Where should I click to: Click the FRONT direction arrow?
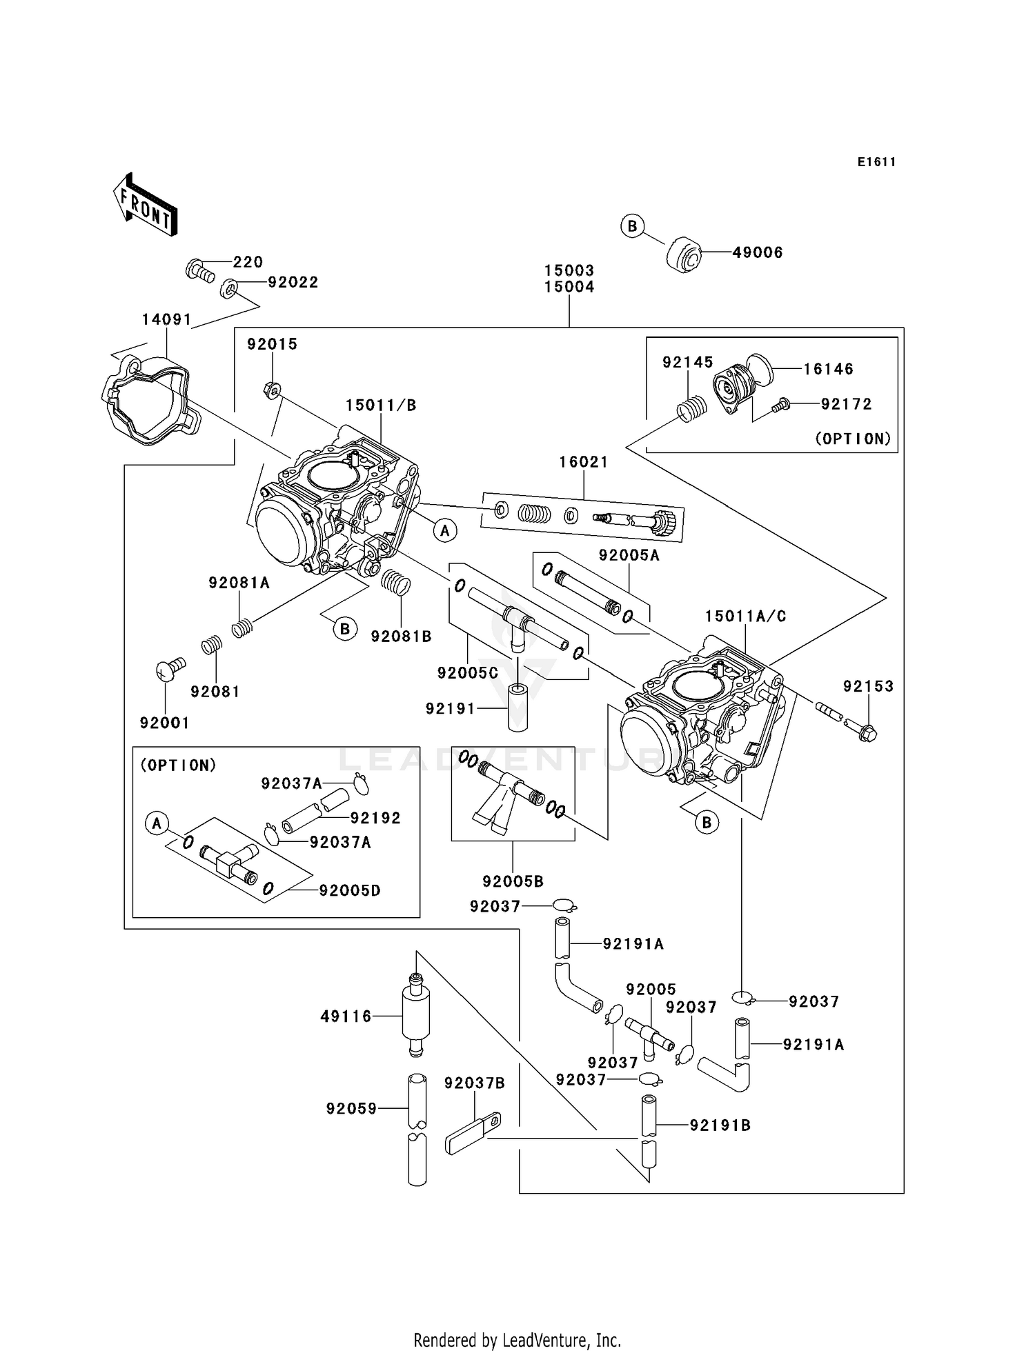(x=146, y=205)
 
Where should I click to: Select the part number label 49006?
(x=757, y=252)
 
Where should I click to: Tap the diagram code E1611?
(x=876, y=162)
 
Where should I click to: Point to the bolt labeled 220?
(x=199, y=269)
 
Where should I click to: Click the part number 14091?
(x=166, y=319)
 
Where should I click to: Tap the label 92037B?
(x=474, y=1083)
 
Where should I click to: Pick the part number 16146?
(x=828, y=369)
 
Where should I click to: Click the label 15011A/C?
(x=745, y=616)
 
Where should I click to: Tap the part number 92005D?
(x=349, y=890)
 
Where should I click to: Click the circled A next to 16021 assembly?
(x=445, y=530)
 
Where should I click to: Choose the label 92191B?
(x=720, y=1125)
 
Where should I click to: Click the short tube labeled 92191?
(x=518, y=707)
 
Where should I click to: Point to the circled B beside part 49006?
(x=632, y=226)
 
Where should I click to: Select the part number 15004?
(x=569, y=287)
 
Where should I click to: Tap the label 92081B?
(x=401, y=637)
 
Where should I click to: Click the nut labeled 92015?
(x=272, y=391)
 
